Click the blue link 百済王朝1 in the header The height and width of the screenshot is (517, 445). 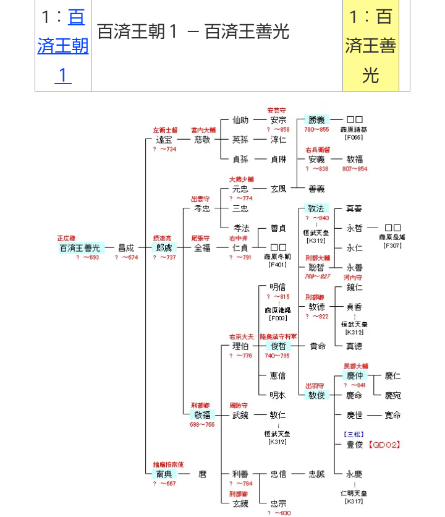click(x=62, y=46)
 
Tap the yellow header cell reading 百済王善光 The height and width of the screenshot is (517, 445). click(x=370, y=46)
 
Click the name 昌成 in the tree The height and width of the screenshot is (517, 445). click(x=125, y=247)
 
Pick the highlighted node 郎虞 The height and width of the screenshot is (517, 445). click(x=164, y=247)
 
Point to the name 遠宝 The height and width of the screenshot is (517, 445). click(x=164, y=140)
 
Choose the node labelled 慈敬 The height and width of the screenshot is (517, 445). click(x=202, y=140)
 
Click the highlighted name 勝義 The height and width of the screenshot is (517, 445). click(x=316, y=120)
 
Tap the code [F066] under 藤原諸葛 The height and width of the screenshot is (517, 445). click(x=354, y=138)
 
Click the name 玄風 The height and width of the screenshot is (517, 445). click(x=278, y=189)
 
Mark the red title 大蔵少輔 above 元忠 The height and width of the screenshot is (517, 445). click(x=240, y=179)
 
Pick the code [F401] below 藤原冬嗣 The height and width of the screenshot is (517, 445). click(x=278, y=265)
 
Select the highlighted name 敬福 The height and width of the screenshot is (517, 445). click(x=202, y=415)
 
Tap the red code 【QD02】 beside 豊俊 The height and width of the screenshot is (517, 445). click(x=385, y=444)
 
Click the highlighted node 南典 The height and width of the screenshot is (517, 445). click(x=164, y=474)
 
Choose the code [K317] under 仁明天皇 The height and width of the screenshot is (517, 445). click(x=354, y=502)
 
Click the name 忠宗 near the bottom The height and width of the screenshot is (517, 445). click(x=278, y=503)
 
